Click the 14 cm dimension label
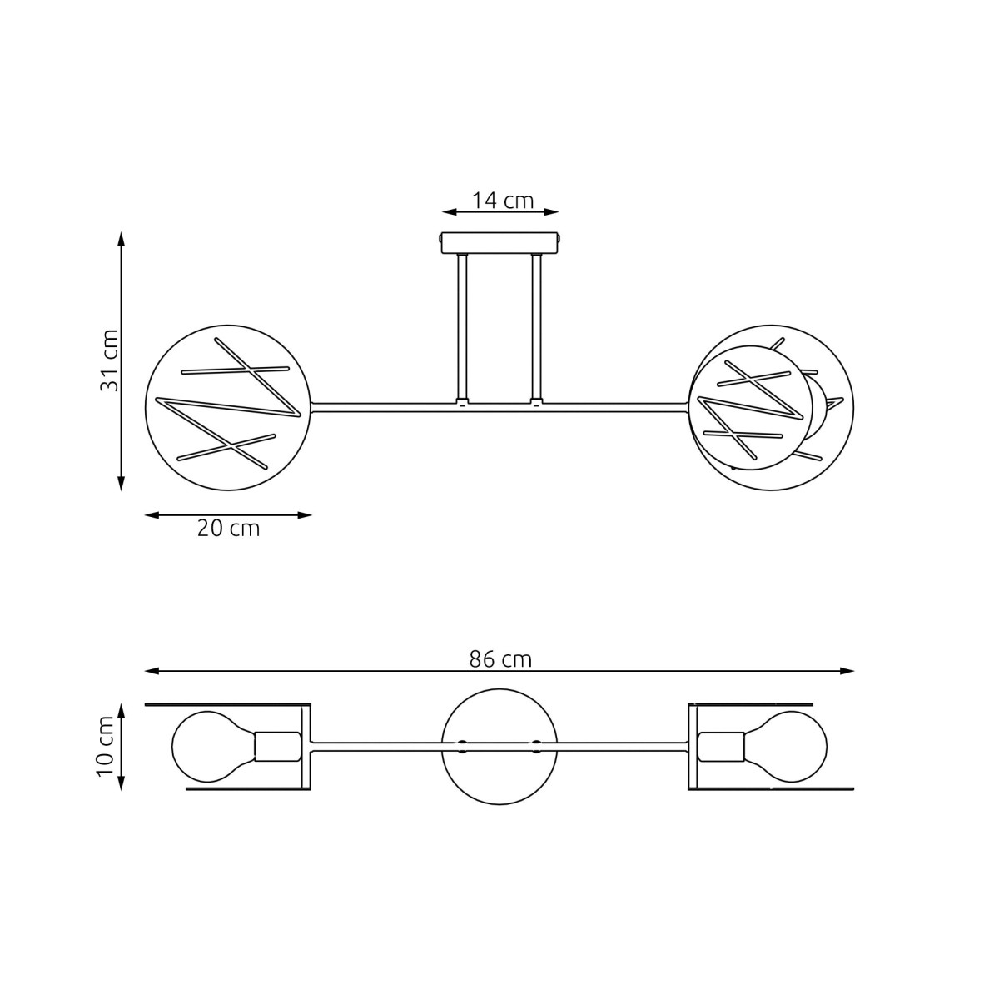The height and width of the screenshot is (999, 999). [502, 201]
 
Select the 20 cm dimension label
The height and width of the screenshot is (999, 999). [228, 529]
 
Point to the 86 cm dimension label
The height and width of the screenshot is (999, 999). [499, 659]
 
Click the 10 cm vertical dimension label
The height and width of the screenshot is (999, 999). [106, 746]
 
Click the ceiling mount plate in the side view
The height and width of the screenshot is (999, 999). [499, 243]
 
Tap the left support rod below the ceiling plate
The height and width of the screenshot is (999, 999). [462, 329]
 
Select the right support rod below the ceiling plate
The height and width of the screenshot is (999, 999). [537, 329]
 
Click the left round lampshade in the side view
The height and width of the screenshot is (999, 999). [228, 406]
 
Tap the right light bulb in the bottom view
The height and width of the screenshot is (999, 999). [787, 745]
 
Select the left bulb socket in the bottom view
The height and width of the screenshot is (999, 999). [277, 745]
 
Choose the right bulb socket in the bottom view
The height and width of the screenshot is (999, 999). [721, 745]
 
